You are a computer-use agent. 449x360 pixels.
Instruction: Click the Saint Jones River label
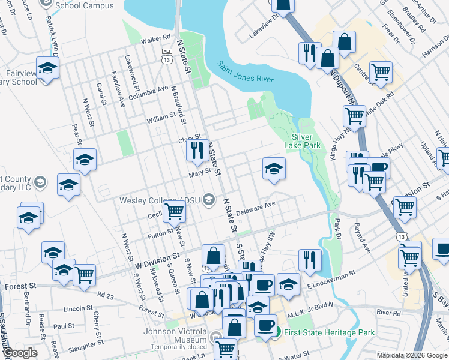tap(245, 71)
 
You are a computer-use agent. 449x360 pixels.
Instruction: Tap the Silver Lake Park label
tap(307, 141)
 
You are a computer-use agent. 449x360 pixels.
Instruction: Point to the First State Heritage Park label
tap(330, 332)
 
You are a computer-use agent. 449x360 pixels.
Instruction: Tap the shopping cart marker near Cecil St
tap(174, 211)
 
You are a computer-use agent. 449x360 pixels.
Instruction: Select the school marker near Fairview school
tap(47, 68)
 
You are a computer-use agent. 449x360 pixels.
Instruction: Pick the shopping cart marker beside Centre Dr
tap(381, 72)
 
